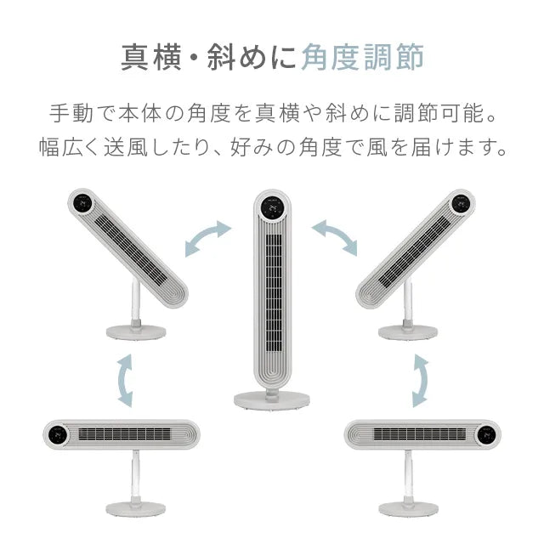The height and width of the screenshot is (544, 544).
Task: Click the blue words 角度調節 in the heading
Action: pos(363,57)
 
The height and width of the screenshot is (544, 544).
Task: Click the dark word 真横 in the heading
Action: pos(151,57)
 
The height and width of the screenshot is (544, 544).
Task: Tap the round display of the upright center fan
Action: pos(272,209)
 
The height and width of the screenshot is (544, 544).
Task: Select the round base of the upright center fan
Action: pos(272,399)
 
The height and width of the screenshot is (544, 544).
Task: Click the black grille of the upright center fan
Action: pos(274,293)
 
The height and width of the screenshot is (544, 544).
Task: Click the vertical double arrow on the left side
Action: pos(124,381)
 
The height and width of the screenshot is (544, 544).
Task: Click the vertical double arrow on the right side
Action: pos(421,381)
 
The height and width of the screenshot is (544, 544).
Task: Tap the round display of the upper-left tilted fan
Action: pos(82,202)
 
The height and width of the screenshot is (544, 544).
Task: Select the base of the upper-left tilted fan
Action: pos(136,332)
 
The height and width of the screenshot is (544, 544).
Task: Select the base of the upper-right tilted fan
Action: pos(408,332)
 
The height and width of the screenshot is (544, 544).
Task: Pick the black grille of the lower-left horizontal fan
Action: pos(125,434)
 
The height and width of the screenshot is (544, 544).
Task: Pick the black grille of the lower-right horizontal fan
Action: pos(420,434)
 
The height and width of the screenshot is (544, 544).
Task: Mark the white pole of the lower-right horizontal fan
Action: pos(409,476)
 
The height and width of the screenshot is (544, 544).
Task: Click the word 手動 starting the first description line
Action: pos(71,113)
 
